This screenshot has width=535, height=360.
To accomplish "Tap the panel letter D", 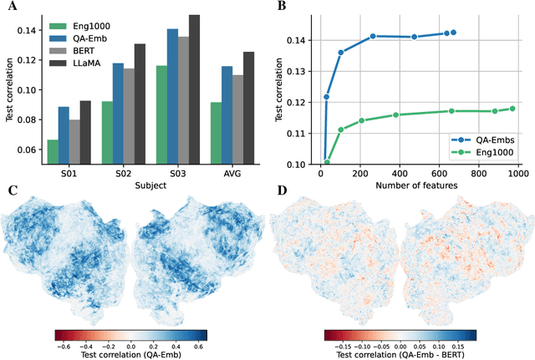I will [282, 190].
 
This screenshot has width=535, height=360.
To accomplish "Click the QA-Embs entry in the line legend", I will [492, 140].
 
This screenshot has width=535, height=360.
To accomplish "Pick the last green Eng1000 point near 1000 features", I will [513, 109].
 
